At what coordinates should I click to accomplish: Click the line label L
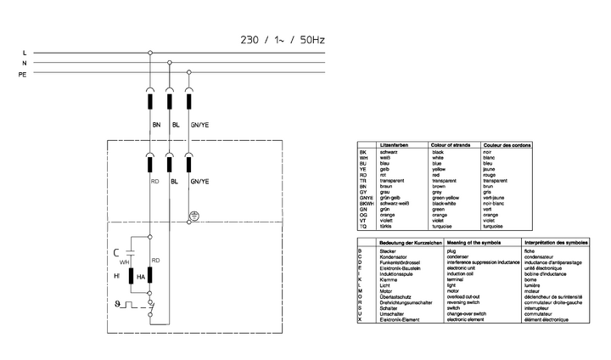pos(25,53)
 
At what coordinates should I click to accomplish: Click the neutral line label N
pos(25,64)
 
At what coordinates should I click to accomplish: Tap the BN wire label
pos(156,125)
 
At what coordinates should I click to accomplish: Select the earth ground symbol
pos(193,216)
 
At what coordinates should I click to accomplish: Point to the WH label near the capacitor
pos(124,262)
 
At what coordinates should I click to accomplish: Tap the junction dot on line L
pos(150,53)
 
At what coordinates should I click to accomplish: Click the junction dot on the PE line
pos(189,75)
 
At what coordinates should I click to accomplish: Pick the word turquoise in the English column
pos(446,227)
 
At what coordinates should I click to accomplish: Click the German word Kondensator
pos(394,257)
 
